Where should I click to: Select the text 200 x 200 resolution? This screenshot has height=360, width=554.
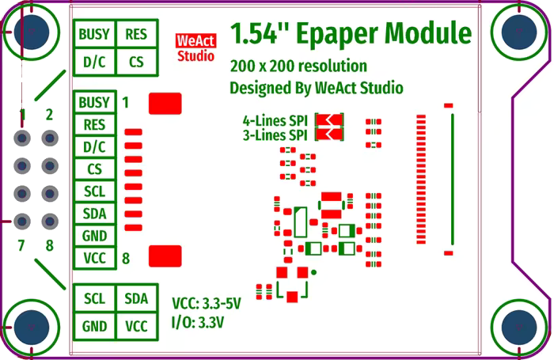[x=298, y=66]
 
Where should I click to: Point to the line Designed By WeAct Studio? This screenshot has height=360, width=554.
[x=316, y=88]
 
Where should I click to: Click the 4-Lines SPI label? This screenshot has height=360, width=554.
[x=275, y=121]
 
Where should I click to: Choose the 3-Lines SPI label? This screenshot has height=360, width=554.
[x=275, y=135]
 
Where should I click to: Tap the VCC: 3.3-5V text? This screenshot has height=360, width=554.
[x=206, y=303]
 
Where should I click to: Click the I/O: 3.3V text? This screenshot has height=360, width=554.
[x=198, y=322]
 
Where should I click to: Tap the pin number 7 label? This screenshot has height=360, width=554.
[x=21, y=245]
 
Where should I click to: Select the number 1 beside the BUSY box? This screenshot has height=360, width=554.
[x=125, y=102]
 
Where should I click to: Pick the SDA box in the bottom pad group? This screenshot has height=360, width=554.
[x=136, y=298]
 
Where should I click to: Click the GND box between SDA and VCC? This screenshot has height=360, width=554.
[x=95, y=236]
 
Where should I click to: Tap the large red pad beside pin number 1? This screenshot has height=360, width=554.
[x=165, y=103]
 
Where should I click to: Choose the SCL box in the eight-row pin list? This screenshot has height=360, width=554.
[x=95, y=191]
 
